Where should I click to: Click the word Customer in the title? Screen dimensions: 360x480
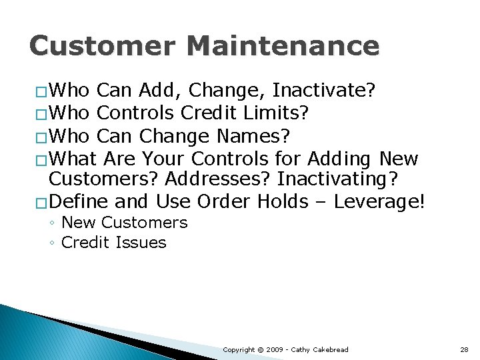[x=102, y=46]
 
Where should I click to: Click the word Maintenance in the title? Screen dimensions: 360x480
[x=283, y=46]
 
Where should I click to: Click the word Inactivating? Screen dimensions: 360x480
[x=338, y=179]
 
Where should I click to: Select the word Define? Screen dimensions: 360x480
[x=79, y=201]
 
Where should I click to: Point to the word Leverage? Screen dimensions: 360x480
[x=379, y=201]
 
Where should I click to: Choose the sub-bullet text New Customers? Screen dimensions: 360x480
[x=124, y=223]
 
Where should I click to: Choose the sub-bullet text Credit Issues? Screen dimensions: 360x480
[x=113, y=243]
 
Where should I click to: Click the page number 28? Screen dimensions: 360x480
[x=464, y=349]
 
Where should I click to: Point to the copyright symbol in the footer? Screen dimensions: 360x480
[x=261, y=349]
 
